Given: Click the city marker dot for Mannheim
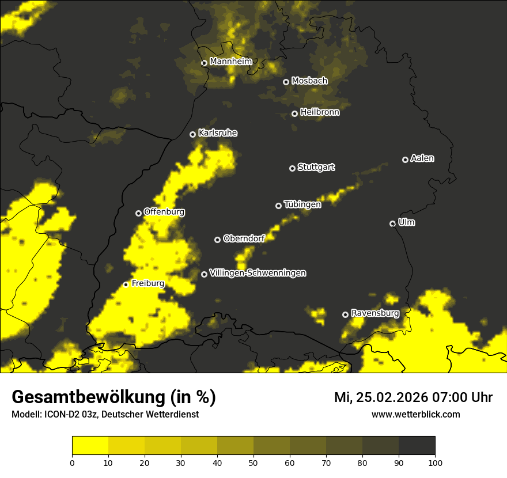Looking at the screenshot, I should [x=204, y=63].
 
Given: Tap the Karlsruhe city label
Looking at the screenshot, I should [x=217, y=133].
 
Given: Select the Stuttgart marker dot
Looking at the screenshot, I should [x=293, y=168].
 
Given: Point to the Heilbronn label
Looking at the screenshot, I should [x=319, y=112].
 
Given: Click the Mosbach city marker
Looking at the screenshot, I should [x=286, y=82].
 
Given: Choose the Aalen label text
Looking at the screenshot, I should [x=422, y=158].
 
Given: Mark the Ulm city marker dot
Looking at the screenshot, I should [x=393, y=223].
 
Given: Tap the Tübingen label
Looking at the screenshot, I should [x=302, y=204].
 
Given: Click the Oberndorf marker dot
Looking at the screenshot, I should [x=217, y=240].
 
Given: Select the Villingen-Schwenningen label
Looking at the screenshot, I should [x=258, y=273].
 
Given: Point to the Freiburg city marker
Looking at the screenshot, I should [x=126, y=284].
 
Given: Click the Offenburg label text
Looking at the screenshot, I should [x=164, y=212].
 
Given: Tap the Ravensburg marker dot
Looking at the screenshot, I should [x=346, y=314].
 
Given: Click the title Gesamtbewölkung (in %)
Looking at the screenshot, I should [x=113, y=397].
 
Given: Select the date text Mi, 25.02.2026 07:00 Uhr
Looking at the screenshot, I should [x=413, y=397].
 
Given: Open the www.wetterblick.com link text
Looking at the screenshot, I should [x=416, y=415].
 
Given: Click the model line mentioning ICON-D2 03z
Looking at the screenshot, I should [x=105, y=415].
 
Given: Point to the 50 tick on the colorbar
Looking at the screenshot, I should [x=253, y=462].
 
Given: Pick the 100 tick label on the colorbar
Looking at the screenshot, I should [x=435, y=462].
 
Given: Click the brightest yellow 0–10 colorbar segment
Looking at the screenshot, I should [x=90, y=446].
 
